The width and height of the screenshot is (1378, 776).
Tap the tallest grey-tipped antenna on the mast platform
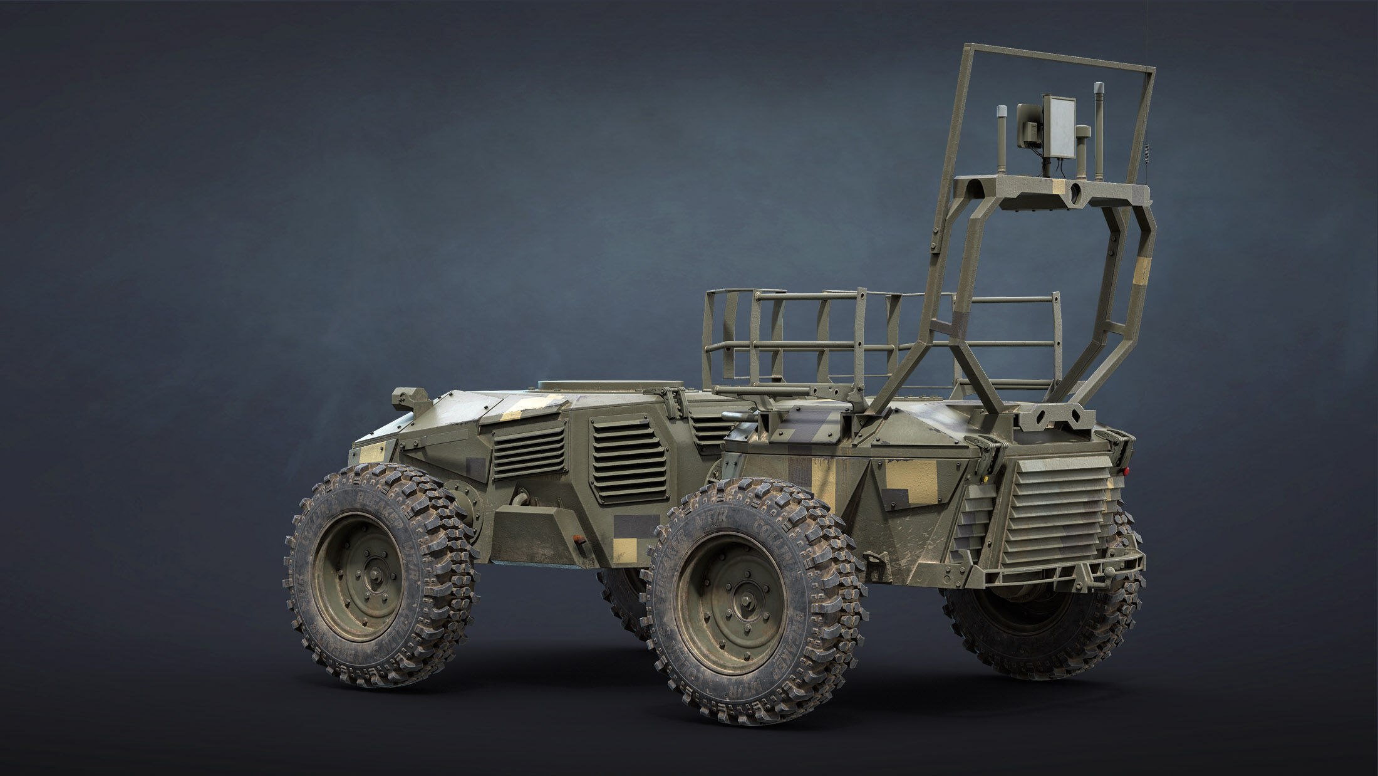point(1097,128)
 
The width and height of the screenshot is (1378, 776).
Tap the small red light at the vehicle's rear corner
point(1125,469)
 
